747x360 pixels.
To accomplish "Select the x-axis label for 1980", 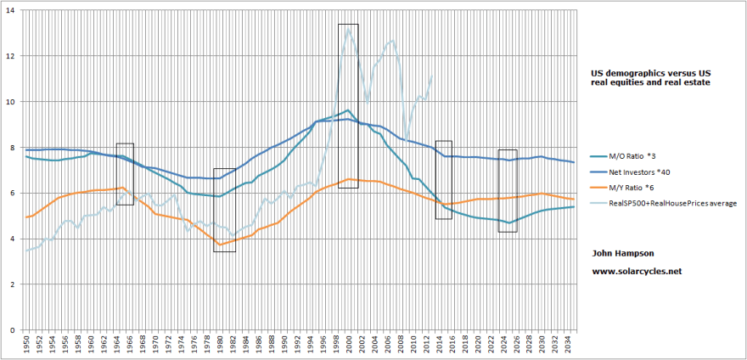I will point(220,346).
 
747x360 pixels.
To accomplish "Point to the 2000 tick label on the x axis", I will point(349,346).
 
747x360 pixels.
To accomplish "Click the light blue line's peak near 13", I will point(349,31).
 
